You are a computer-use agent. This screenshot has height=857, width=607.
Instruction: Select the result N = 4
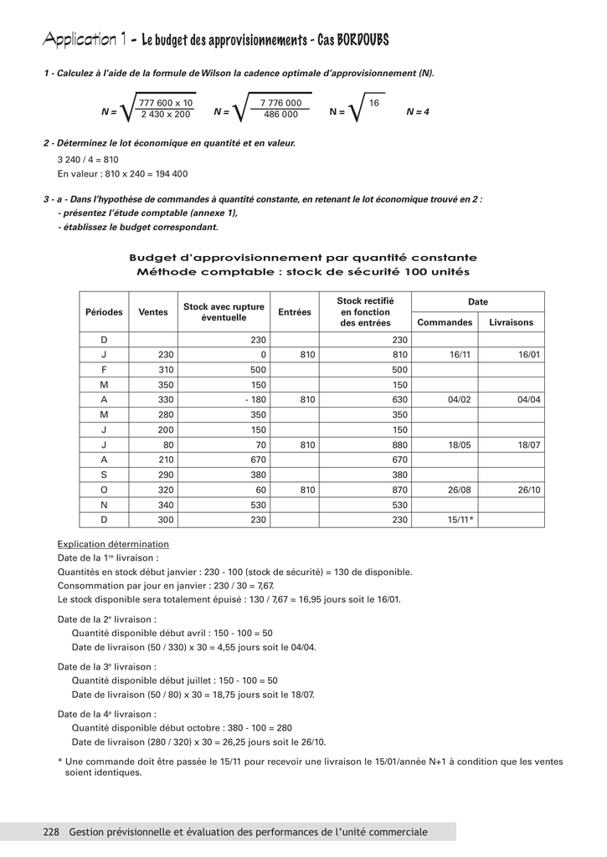point(417,111)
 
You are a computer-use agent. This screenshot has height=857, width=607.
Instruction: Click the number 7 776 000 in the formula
point(280,103)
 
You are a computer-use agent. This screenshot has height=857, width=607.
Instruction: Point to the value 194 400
point(172,174)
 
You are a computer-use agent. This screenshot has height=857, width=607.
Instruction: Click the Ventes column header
point(153,312)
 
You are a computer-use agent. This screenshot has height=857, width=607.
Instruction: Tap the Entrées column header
point(295,312)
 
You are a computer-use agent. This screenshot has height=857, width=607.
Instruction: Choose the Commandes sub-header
point(445,322)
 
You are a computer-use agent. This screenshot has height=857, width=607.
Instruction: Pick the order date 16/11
point(460,355)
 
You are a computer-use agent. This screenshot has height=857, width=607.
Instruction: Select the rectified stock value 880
point(399,444)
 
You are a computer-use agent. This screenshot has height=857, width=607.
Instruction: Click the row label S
point(105,475)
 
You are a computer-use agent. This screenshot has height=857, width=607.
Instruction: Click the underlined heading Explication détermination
point(113,544)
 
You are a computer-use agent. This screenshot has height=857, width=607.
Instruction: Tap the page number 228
point(50,832)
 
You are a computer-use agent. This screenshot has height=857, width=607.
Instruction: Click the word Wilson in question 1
point(218,74)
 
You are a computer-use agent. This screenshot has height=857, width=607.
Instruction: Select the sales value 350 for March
point(165,384)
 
